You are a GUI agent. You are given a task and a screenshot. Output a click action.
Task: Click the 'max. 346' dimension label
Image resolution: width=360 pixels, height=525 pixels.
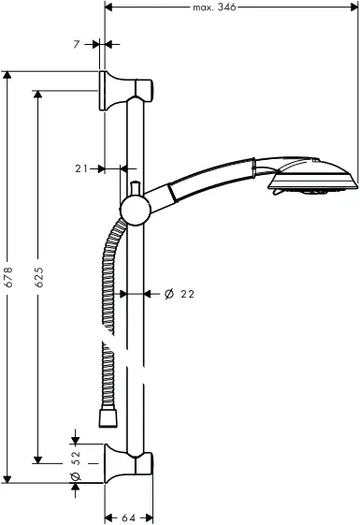(x=214, y=7)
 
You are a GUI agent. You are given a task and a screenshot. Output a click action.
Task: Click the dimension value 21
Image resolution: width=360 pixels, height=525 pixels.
(x=81, y=168)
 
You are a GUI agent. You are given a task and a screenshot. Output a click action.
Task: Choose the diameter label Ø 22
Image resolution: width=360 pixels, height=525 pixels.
(x=178, y=294)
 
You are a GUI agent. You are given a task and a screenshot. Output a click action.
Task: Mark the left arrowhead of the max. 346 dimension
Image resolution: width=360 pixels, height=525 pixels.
(x=107, y=7)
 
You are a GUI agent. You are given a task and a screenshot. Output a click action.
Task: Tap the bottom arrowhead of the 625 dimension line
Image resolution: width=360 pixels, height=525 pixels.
(x=39, y=459)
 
